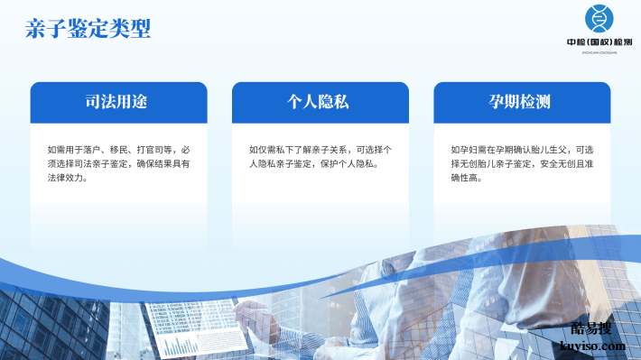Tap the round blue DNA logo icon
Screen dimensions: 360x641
(597, 18)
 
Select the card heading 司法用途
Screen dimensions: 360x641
(117, 102)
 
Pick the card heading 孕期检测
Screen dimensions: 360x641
(521, 102)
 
